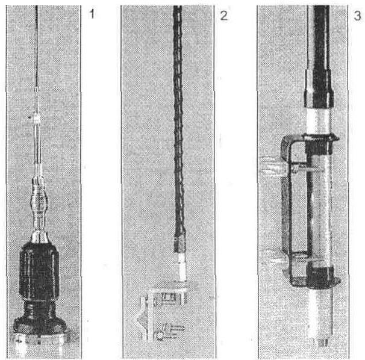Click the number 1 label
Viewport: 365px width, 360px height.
click(92, 14)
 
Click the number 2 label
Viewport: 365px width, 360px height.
click(224, 16)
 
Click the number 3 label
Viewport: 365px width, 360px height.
click(357, 15)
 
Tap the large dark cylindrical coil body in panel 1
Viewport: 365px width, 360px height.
click(39, 271)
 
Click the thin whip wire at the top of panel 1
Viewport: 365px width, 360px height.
click(36, 46)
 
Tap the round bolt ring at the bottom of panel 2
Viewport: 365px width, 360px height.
click(160, 336)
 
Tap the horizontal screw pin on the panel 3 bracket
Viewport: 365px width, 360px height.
click(307, 168)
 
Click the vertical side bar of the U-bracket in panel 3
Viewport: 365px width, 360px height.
click(286, 205)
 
